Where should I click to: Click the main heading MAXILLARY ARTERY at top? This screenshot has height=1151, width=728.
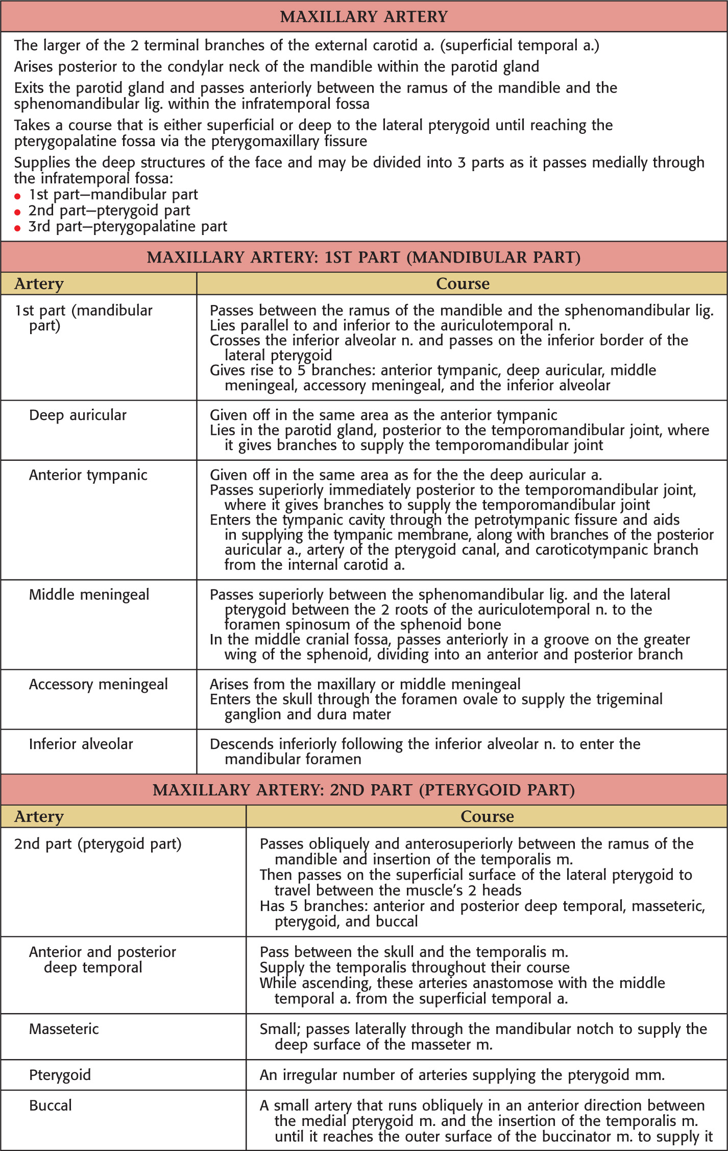363,17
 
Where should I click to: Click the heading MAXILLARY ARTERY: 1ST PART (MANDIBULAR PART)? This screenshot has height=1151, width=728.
363,257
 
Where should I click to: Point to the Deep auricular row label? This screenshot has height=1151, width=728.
78,415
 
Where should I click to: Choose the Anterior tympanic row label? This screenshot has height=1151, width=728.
88,475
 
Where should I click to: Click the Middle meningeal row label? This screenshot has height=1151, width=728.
89,595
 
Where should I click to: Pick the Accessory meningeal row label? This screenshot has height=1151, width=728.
98,685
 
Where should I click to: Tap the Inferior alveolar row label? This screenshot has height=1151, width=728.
81,744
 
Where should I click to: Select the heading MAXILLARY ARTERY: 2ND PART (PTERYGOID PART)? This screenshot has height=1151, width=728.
363,790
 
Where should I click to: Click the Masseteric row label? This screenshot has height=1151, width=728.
64,1029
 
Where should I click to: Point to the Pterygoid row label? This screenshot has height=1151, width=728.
60,1075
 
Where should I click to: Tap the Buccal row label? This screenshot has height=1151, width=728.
51,1106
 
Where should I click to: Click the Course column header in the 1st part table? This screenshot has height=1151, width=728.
463,284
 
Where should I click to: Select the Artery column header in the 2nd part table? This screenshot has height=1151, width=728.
39,816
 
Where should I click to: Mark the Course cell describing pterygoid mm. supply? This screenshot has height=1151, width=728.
462,1075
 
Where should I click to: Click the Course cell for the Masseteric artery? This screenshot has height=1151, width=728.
482,1037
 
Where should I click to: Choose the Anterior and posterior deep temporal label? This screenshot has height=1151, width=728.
102,959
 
